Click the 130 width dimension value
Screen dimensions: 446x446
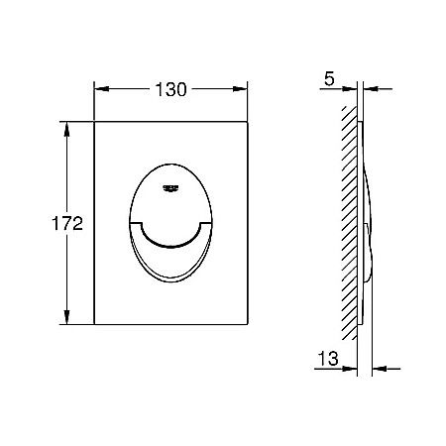[170, 89]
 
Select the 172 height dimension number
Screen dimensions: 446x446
[67, 223]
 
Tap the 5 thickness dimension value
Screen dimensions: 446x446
[329, 79]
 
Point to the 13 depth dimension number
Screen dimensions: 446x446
[328, 359]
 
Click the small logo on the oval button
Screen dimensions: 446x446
[170, 188]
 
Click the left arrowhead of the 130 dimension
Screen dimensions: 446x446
[102, 89]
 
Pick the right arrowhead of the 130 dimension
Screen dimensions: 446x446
[240, 89]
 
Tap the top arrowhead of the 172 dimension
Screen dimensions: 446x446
[66, 129]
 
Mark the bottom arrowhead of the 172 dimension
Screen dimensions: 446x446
[66, 317]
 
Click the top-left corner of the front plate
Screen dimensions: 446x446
[94, 122]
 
